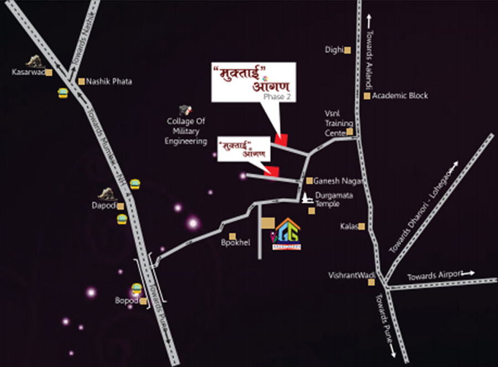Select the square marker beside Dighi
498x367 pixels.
click(347, 50)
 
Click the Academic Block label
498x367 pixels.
click(400, 96)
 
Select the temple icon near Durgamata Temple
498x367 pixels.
click(307, 198)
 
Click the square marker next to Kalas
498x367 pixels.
click(361, 226)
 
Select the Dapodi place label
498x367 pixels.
click(104, 205)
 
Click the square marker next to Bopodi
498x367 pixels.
click(143, 302)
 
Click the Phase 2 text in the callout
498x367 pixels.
click(274, 96)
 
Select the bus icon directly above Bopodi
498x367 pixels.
click(136, 288)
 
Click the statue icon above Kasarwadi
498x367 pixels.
click(35, 60)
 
